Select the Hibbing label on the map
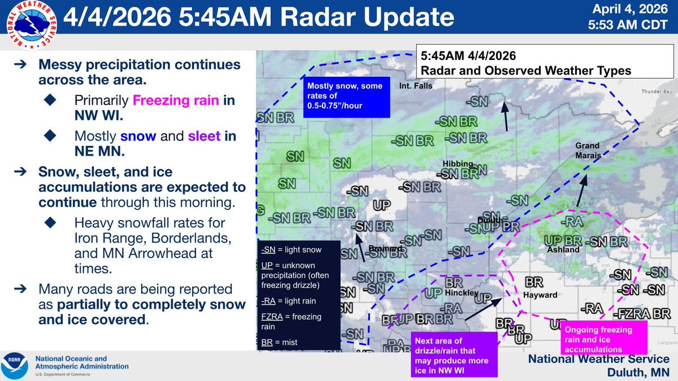(458, 164)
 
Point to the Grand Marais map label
(588, 150)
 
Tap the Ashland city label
(563, 249)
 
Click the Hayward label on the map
(541, 295)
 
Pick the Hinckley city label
(461, 294)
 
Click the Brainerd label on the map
(385, 248)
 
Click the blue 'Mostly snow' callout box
(345, 97)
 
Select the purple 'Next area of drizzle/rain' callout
(454, 354)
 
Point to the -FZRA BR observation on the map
(642, 313)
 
